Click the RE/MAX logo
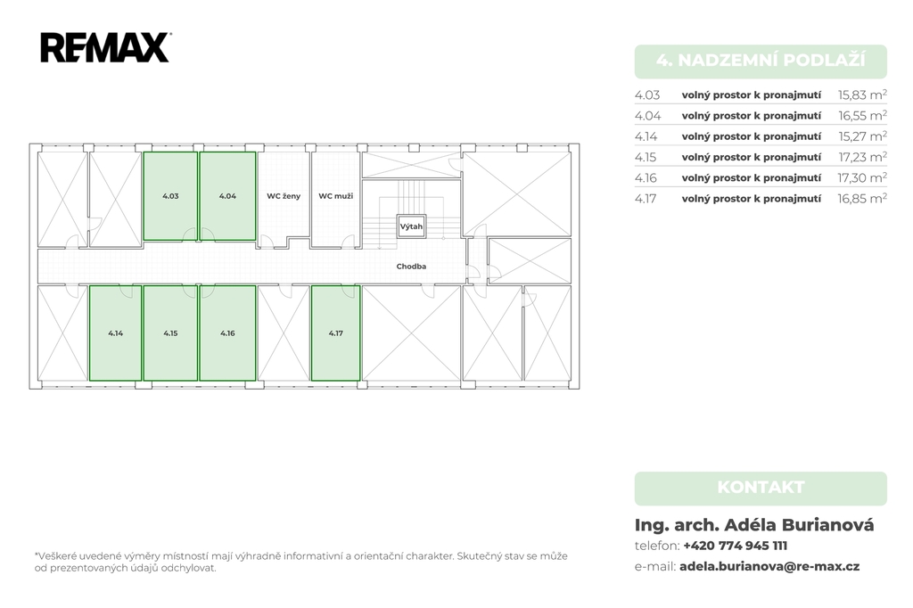(x=105, y=47)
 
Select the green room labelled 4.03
(x=170, y=195)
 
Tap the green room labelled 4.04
(x=227, y=195)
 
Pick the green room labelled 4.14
(x=115, y=333)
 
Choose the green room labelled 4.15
(x=170, y=333)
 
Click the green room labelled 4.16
(x=227, y=333)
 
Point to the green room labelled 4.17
(x=335, y=333)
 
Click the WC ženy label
(x=284, y=196)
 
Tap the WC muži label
(x=336, y=196)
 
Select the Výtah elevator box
(x=411, y=226)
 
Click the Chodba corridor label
(x=411, y=267)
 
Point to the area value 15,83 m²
(x=862, y=94)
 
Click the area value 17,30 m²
(x=862, y=177)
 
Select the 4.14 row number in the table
(x=646, y=136)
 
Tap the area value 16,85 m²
(x=862, y=199)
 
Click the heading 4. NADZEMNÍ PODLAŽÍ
(x=761, y=61)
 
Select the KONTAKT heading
(x=761, y=488)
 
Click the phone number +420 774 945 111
(x=735, y=546)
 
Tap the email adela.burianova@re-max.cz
(x=769, y=566)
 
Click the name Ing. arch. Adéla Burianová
(x=754, y=525)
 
